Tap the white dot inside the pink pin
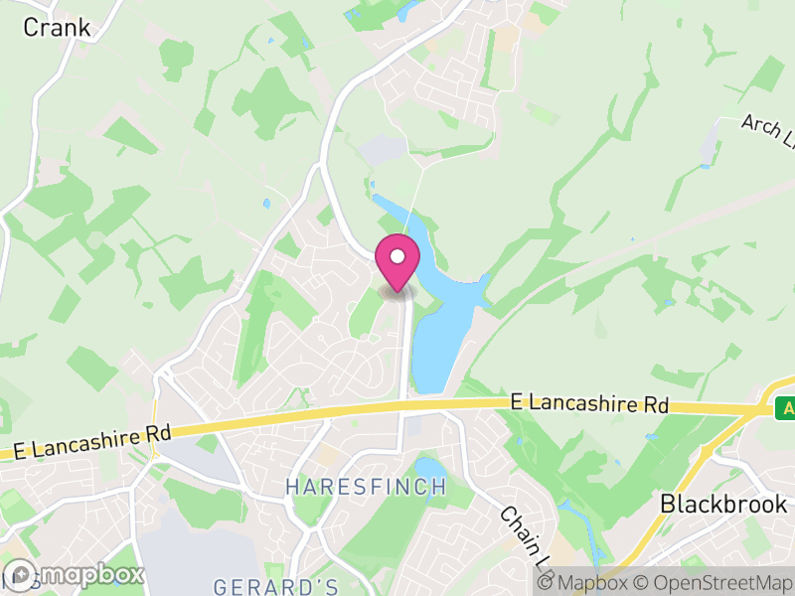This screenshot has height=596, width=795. pos(397,256)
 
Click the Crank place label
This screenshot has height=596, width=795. pos(56,28)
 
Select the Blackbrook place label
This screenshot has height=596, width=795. pos(723,504)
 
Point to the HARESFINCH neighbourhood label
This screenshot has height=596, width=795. pos(366,488)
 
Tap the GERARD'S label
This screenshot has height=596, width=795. pos(276,585)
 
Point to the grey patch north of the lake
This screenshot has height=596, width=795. pos(384,150)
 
